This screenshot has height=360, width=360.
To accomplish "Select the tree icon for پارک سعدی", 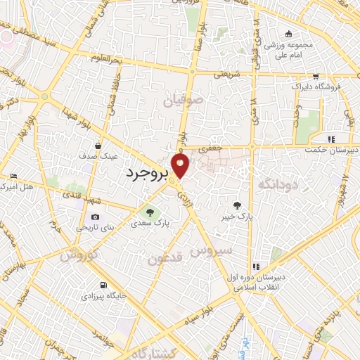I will click(x=148, y=213).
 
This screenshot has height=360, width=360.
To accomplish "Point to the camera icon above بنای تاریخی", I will click(x=95, y=219).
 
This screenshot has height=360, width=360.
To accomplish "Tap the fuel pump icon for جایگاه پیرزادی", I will click(x=104, y=285).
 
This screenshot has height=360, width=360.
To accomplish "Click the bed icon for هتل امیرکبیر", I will click(x=13, y=176).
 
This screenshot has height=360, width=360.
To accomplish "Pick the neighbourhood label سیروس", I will click(x=224, y=250).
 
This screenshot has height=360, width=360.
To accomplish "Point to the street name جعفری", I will click(x=210, y=148).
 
